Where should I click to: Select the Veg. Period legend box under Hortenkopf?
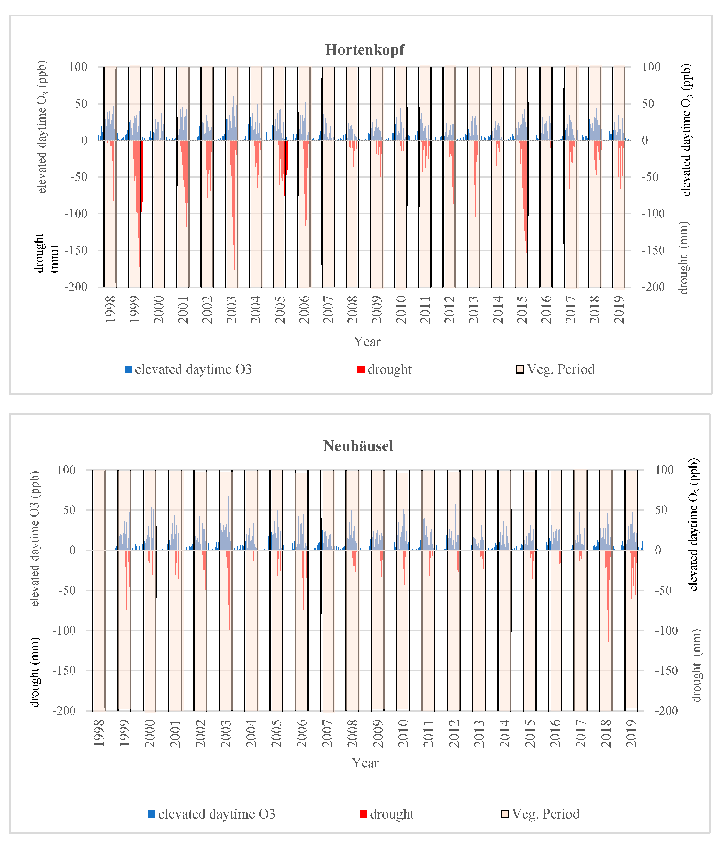coord(520,369)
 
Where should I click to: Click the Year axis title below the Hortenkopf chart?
coord(367,342)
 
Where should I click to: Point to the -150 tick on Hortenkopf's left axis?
coord(76,250)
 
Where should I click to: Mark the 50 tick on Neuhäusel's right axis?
coord(661,510)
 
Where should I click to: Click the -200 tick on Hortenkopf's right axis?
coord(653,287)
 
